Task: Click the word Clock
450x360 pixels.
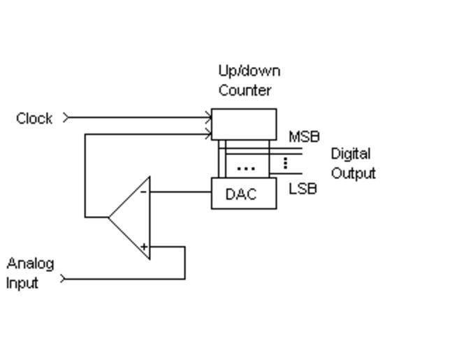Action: click(34, 118)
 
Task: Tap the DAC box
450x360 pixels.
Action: click(244, 194)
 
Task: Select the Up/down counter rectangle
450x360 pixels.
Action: click(244, 124)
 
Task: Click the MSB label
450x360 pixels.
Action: click(304, 137)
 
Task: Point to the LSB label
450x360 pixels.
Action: click(303, 189)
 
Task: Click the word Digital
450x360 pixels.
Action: click(351, 154)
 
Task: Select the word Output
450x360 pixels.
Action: click(353, 173)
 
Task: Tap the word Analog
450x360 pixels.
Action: click(30, 264)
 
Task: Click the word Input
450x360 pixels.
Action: click(22, 283)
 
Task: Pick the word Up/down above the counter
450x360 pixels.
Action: click(249, 71)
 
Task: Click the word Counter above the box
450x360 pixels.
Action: click(245, 90)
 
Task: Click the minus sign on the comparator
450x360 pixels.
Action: click(143, 191)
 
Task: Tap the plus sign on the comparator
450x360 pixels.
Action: click(143, 246)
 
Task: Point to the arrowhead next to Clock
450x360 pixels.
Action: click(66, 117)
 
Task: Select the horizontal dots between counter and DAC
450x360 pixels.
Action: click(245, 168)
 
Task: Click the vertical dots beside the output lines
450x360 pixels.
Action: click(285, 164)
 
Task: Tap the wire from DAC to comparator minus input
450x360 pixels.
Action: click(180, 191)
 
